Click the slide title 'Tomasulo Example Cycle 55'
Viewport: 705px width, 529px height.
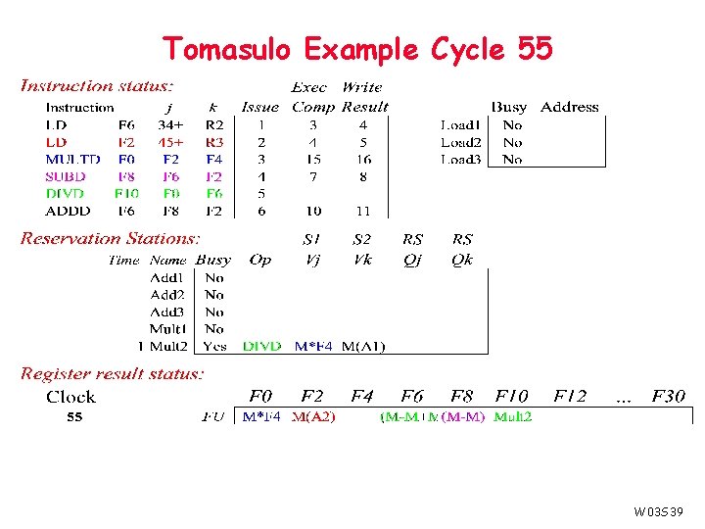(x=357, y=48)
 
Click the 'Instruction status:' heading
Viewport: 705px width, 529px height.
(x=98, y=87)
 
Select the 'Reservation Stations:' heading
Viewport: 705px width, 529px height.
(x=111, y=238)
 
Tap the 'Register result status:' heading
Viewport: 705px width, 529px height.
(x=113, y=373)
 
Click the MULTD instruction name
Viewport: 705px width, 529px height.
(x=72, y=160)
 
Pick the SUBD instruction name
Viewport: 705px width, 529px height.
(x=66, y=176)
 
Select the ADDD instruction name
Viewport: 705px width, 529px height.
(x=68, y=211)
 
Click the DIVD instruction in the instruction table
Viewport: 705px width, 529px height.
(x=66, y=194)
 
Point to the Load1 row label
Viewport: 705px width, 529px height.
(x=460, y=125)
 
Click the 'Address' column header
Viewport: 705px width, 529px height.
(x=569, y=107)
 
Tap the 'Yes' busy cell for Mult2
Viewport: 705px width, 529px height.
(x=214, y=346)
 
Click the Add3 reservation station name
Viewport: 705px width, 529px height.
(x=167, y=312)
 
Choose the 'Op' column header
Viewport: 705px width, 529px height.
(x=259, y=260)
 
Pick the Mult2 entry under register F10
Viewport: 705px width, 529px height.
(x=513, y=417)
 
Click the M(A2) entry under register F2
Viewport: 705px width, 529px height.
(x=313, y=417)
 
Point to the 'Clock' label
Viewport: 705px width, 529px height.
(x=70, y=397)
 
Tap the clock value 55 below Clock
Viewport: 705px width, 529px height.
(x=74, y=417)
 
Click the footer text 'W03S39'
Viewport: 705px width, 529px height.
(x=657, y=511)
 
